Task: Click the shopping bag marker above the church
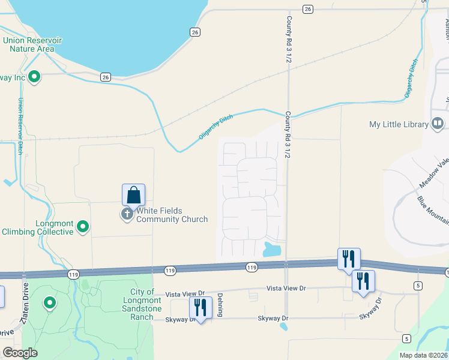click(x=133, y=195)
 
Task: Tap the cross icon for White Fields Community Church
click(x=127, y=214)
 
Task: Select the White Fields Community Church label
click(x=172, y=215)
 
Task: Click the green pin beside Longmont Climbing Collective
click(x=83, y=226)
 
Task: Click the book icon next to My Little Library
click(x=438, y=124)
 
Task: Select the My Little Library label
click(x=399, y=125)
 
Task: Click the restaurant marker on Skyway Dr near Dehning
click(x=200, y=308)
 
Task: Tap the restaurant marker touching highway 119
click(x=349, y=259)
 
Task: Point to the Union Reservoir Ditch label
click(x=20, y=126)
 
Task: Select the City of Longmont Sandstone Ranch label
click(x=142, y=304)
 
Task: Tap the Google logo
click(x=20, y=353)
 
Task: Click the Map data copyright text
click(x=423, y=355)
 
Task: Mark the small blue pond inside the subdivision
click(x=273, y=248)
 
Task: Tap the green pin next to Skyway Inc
click(x=34, y=76)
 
